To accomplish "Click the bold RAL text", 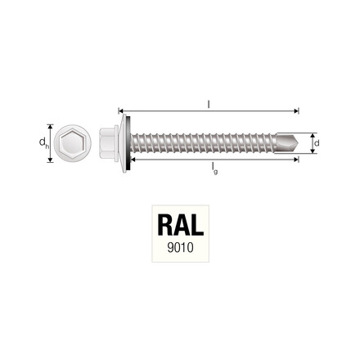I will [x=179, y=224].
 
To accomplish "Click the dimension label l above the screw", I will [x=209, y=102].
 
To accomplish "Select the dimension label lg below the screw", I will [x=213, y=168].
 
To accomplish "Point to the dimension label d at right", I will [x=317, y=142].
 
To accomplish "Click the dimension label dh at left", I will [x=42, y=142].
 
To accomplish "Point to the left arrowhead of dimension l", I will [x=121, y=109].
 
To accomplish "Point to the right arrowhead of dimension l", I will [x=299, y=109].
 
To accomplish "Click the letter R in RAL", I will [x=164, y=224].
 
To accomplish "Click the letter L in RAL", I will [x=196, y=224].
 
